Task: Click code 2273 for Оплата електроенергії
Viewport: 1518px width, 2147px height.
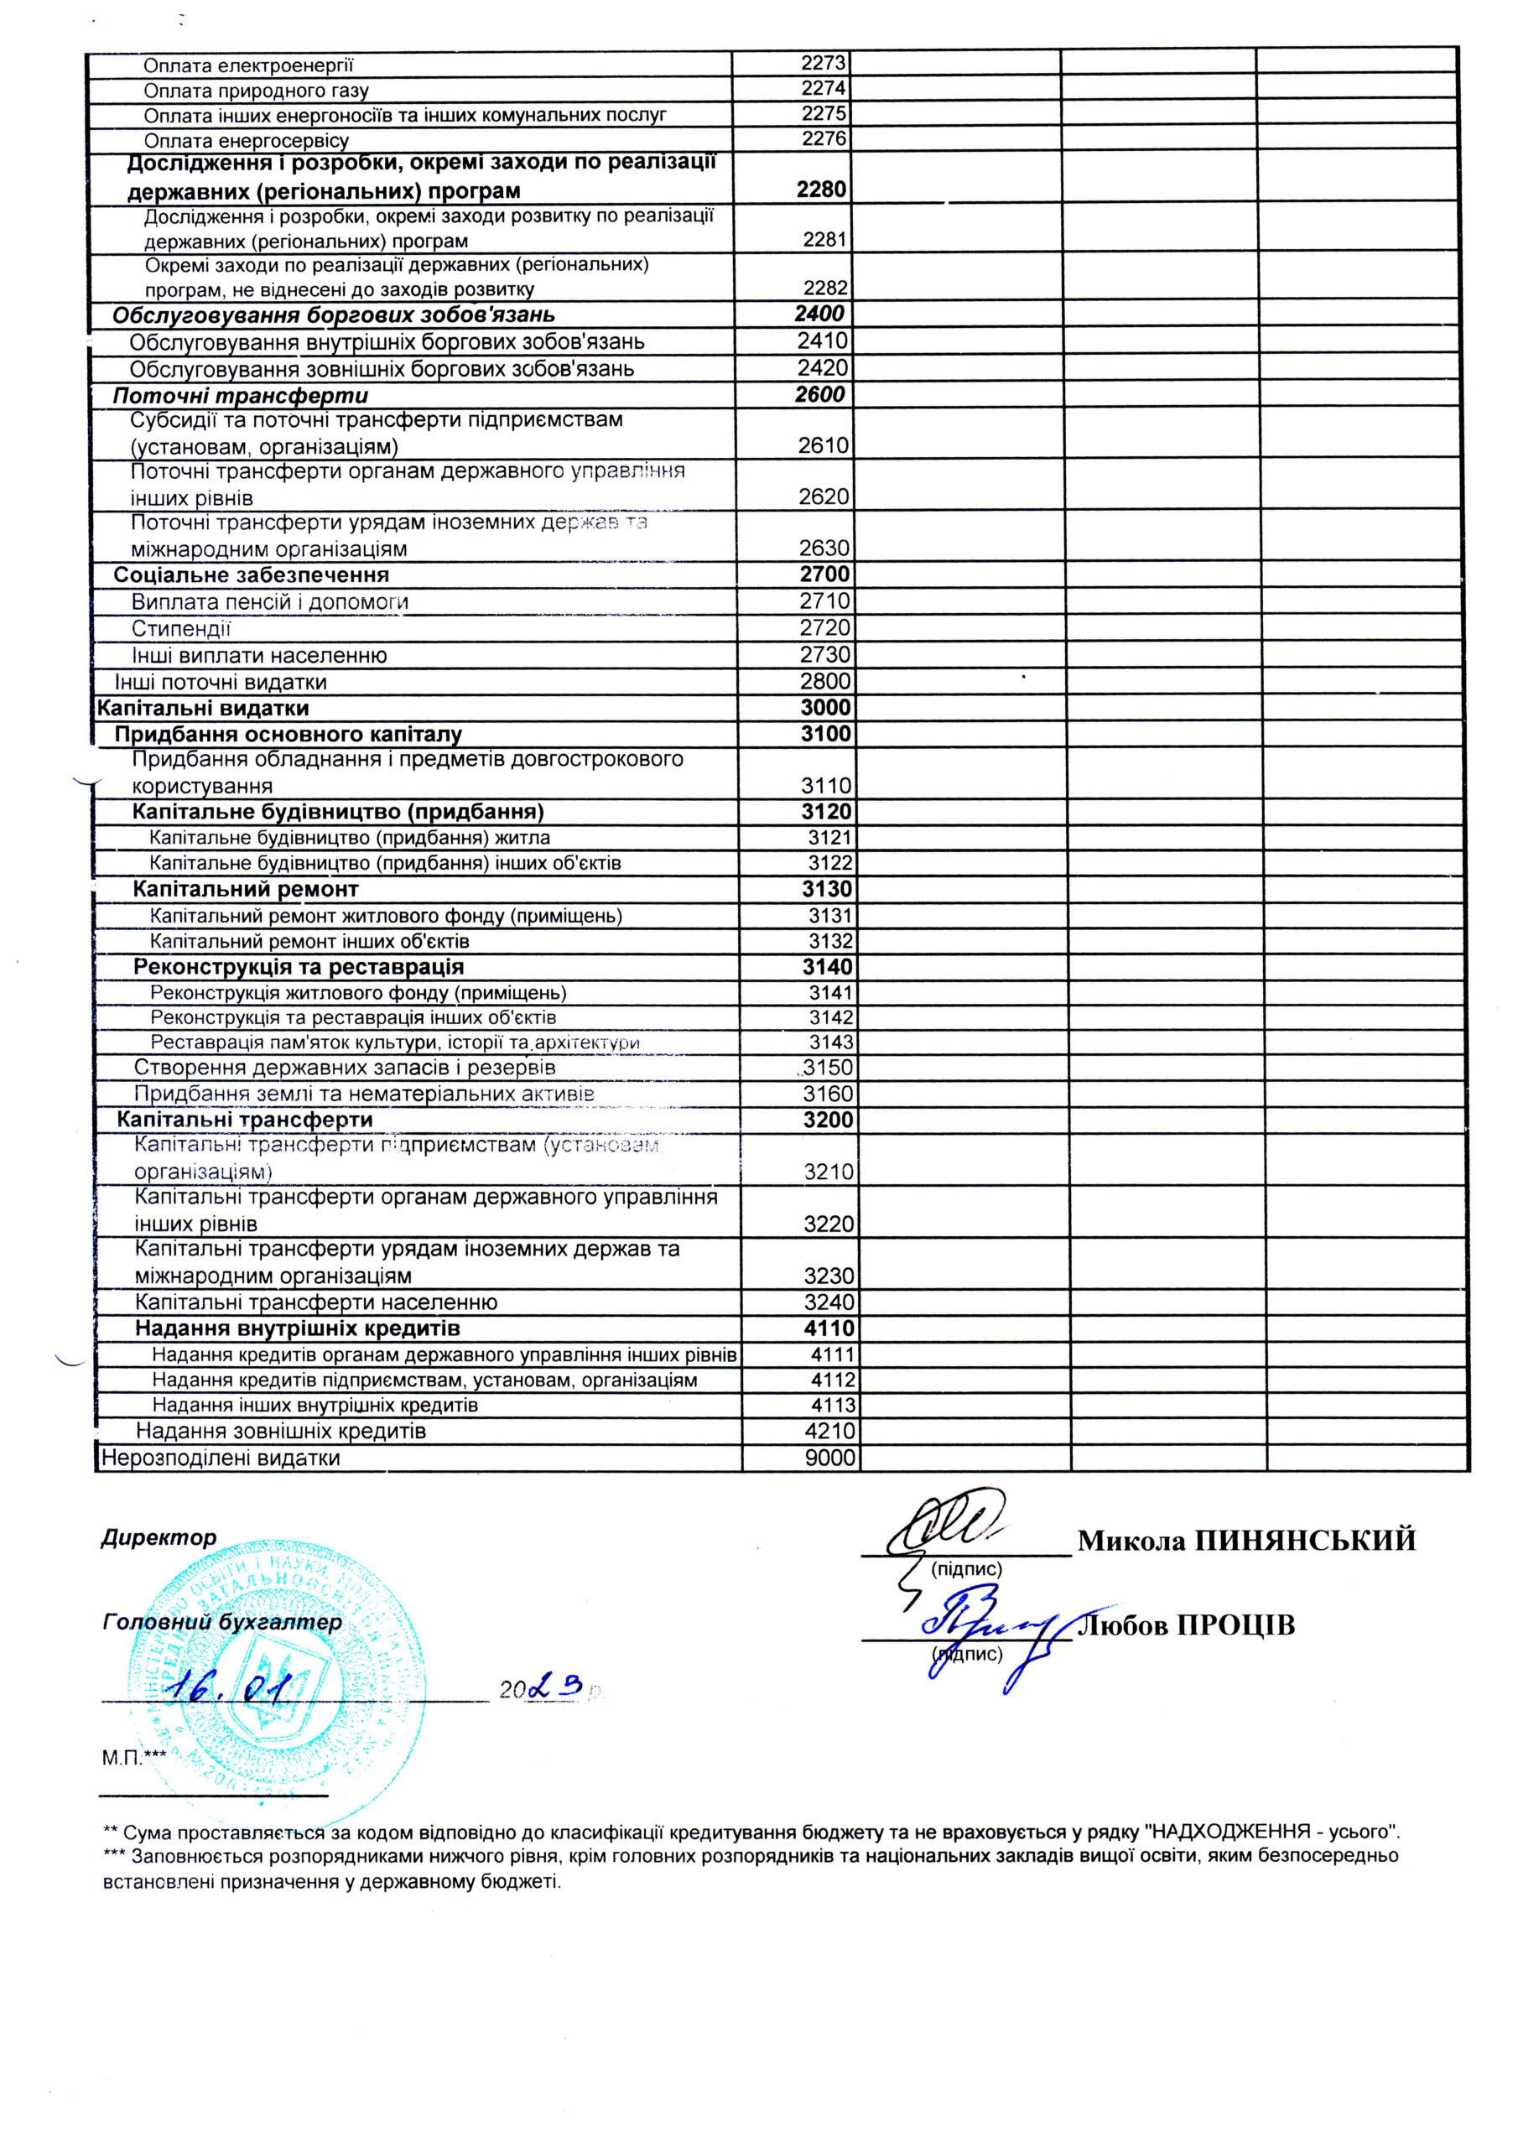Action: point(823,64)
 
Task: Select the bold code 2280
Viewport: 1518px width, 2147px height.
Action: point(821,189)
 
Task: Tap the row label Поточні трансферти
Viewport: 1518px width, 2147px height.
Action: point(241,396)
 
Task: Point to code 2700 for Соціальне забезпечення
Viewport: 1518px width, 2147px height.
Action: point(824,574)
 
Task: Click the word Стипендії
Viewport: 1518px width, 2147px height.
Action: point(180,628)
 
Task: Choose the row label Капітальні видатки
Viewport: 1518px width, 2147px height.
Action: point(203,708)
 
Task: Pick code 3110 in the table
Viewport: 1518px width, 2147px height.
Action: point(827,786)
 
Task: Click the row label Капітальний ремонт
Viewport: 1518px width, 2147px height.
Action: point(245,888)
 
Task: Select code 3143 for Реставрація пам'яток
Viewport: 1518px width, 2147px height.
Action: point(830,1042)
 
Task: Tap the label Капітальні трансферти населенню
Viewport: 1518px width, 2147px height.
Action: point(316,1302)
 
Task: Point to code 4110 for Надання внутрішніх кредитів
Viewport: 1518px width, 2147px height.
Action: point(829,1328)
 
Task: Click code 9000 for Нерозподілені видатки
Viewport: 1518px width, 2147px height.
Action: point(829,1458)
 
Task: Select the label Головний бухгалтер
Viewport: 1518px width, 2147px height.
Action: point(222,1622)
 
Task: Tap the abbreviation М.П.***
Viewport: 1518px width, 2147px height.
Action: point(133,1758)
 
